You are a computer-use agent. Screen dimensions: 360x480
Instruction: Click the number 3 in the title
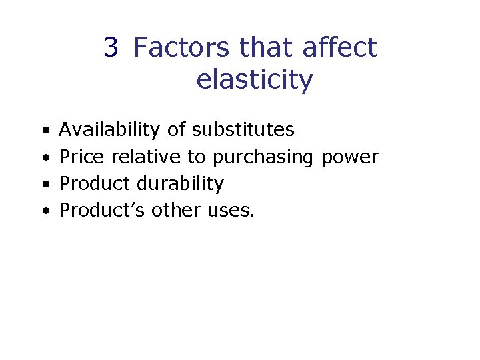tap(111, 48)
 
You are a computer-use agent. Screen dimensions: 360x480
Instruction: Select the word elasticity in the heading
tap(254, 80)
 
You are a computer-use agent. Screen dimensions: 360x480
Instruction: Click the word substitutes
tap(243, 129)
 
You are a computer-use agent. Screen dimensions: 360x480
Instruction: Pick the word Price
tap(82, 157)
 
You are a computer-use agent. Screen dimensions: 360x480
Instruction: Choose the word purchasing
tap(263, 158)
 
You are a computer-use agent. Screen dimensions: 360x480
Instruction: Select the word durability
tap(179, 183)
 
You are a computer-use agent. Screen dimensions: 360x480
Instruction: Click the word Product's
tap(103, 210)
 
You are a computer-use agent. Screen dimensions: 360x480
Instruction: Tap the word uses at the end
tap(229, 211)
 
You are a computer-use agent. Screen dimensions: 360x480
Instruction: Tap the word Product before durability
tap(95, 183)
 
